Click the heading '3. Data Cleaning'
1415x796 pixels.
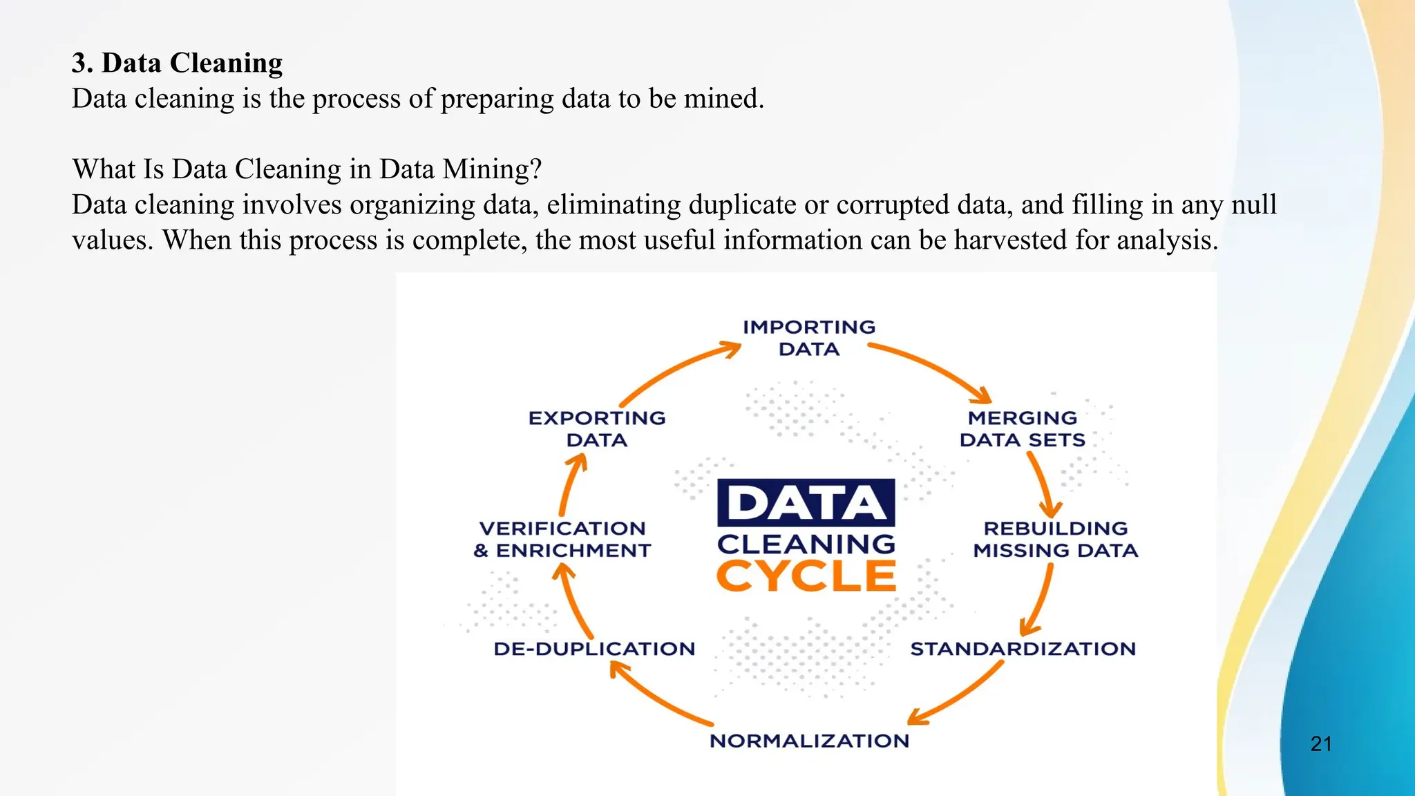(177, 63)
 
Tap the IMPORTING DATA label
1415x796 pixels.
(809, 338)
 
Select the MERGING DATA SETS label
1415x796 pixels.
(1023, 429)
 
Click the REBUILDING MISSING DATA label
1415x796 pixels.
(1055, 540)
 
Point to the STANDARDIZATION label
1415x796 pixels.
(1023, 649)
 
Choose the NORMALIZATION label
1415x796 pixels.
(809, 741)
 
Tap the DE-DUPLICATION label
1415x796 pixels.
(594, 649)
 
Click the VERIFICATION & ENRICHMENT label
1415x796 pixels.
(562, 540)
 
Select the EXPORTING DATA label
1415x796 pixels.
(597, 429)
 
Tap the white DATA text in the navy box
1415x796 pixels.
(806, 502)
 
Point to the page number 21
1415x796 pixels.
(1321, 743)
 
